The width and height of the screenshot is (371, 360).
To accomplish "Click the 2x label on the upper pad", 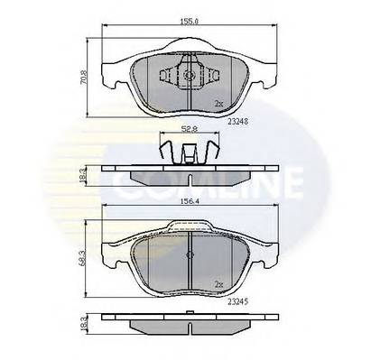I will (218, 105).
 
